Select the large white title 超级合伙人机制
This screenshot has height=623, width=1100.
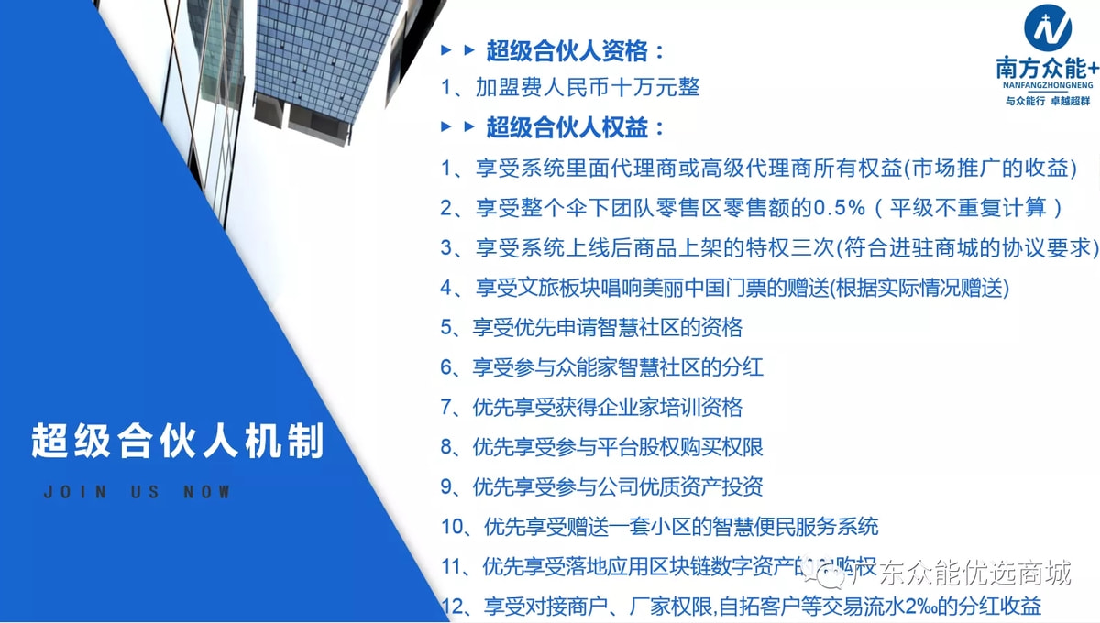(x=178, y=441)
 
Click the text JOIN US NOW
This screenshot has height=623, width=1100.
(x=137, y=492)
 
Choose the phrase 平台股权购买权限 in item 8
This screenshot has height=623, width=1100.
(x=678, y=447)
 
